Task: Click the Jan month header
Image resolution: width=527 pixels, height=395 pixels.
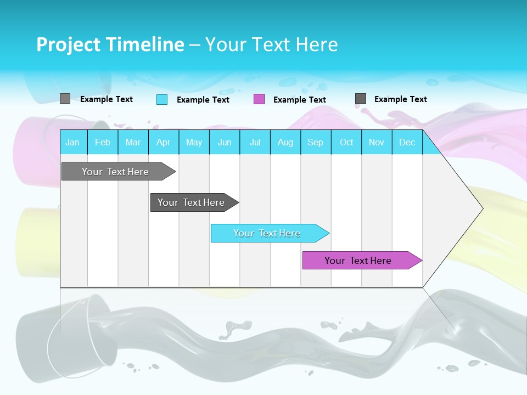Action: pos(73,142)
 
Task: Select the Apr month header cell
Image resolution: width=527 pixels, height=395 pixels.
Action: pos(164,142)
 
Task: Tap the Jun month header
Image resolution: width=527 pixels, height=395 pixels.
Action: pos(225,142)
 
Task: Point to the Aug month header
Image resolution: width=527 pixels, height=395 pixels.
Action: pos(285,142)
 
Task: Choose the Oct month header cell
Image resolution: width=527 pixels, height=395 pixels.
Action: pos(346,142)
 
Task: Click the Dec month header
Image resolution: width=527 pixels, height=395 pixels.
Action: pos(407,142)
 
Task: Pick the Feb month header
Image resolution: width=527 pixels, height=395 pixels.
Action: pos(103,142)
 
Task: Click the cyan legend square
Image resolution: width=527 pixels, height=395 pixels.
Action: pos(162,99)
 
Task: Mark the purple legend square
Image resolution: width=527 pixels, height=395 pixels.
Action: pos(259,99)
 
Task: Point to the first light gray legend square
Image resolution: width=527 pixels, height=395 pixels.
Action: pos(65,99)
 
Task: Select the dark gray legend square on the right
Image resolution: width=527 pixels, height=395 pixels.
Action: pos(361,99)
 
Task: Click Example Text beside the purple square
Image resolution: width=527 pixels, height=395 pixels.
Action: pos(300,100)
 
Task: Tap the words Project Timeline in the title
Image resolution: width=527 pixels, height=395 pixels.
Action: pos(110,44)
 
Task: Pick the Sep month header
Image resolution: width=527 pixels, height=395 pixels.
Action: pos(316,142)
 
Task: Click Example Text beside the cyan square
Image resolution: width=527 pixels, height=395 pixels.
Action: pos(203,100)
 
